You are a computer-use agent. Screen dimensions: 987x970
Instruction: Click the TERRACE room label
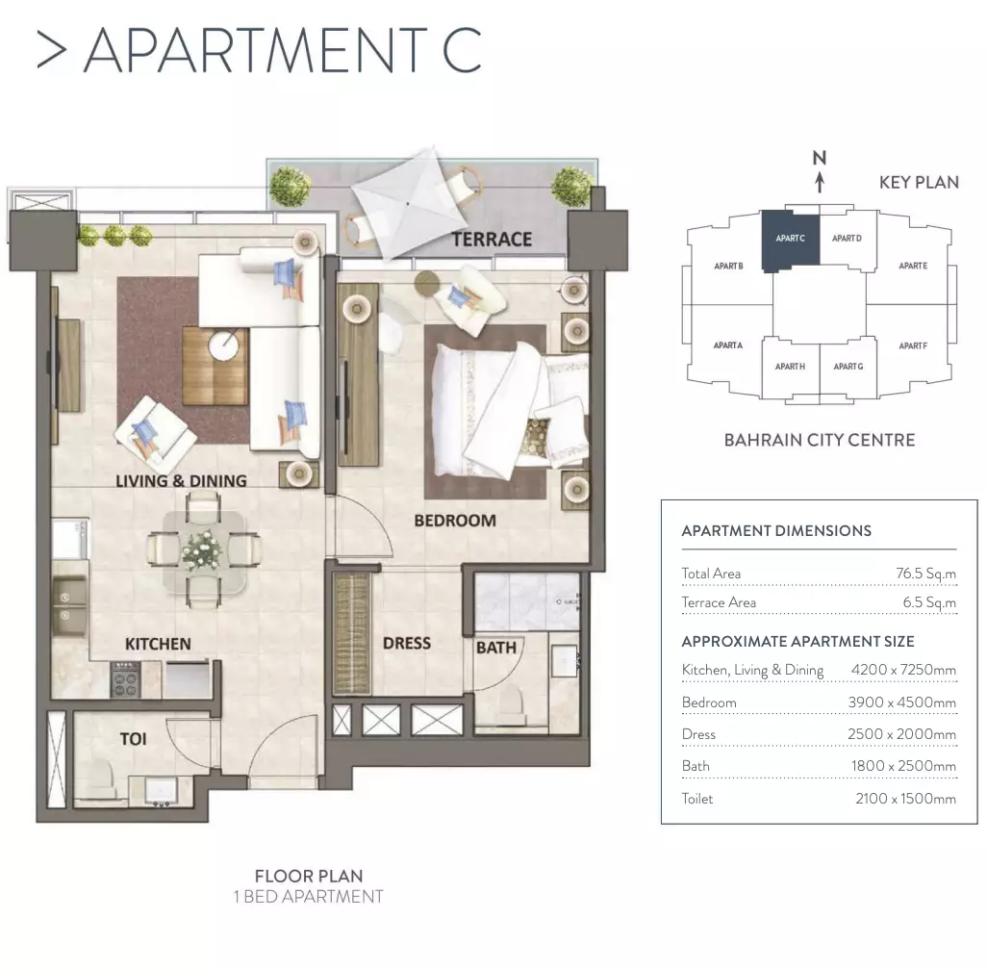click(x=492, y=240)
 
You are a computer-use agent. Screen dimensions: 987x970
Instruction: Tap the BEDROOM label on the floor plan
click(x=455, y=521)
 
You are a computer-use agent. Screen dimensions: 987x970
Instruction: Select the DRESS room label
click(x=407, y=643)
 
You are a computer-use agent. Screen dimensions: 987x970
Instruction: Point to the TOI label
click(x=133, y=739)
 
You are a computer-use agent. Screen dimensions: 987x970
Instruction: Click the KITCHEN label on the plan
click(x=158, y=644)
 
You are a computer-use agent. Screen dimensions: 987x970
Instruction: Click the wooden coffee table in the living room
click(x=214, y=366)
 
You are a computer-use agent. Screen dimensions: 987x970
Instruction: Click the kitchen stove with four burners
click(x=125, y=679)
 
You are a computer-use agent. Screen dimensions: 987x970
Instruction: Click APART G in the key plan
click(x=848, y=366)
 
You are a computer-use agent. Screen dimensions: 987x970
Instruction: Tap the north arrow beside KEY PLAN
click(x=820, y=182)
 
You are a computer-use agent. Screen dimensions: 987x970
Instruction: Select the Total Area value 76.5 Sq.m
click(x=925, y=574)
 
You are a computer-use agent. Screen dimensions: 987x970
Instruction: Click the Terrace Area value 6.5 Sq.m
click(x=929, y=602)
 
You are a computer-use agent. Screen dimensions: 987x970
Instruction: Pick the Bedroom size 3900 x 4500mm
click(x=901, y=702)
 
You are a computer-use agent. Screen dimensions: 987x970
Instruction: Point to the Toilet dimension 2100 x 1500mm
click(x=905, y=798)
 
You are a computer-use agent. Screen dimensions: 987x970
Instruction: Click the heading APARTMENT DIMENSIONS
click(x=776, y=530)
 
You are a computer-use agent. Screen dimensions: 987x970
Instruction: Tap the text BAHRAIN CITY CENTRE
click(x=820, y=440)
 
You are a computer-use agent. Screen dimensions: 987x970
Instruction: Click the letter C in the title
click(x=462, y=50)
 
